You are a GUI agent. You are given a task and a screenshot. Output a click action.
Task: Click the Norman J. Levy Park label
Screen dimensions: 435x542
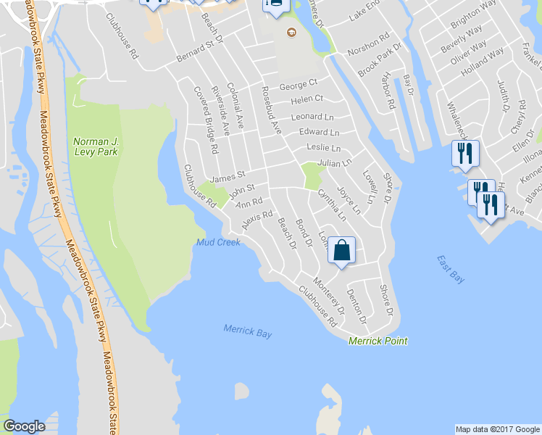(x=95, y=146)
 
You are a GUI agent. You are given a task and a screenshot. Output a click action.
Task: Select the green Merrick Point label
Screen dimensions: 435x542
(x=378, y=341)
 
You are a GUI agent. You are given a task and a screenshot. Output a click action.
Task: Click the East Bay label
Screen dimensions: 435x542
(x=451, y=270)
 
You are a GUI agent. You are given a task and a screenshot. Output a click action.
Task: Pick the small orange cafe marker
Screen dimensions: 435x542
(x=291, y=32)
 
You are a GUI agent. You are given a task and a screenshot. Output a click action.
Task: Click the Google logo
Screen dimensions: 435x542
(x=24, y=426)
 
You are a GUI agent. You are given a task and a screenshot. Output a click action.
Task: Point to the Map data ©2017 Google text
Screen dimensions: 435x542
(x=497, y=429)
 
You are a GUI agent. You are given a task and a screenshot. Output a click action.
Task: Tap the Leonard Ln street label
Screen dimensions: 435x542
(x=312, y=117)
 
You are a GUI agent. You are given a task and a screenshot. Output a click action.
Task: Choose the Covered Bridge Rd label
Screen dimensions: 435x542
(x=206, y=121)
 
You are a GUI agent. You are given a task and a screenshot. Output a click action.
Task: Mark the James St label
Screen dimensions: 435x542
(x=228, y=175)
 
